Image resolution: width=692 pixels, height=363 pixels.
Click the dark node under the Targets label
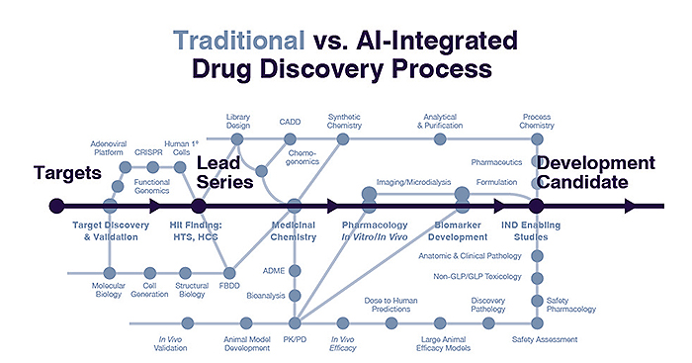(56, 206)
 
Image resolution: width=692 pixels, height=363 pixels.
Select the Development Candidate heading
(595, 173)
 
